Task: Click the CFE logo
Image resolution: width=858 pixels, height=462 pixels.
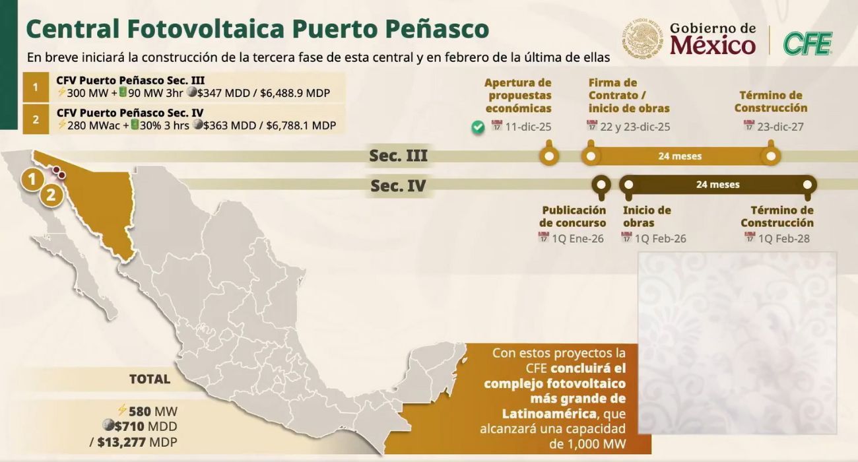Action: tap(807, 44)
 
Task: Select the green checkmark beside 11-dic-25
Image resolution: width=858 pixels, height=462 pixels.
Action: tap(478, 127)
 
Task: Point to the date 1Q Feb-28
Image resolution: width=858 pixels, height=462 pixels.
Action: tap(783, 238)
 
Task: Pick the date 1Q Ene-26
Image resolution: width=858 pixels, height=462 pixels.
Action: tap(577, 238)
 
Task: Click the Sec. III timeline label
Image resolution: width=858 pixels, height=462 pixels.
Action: tap(398, 156)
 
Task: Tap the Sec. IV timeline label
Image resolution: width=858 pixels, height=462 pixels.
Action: tap(398, 186)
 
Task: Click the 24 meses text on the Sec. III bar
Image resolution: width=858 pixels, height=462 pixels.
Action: tap(680, 156)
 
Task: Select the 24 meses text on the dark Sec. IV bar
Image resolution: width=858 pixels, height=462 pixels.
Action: tap(717, 185)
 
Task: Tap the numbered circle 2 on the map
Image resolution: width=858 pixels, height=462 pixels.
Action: tap(51, 195)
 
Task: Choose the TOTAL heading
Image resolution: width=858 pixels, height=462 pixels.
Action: tap(149, 379)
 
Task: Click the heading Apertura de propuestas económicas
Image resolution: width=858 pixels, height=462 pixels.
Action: tap(518, 96)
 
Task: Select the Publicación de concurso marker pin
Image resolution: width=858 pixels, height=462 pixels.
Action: tap(601, 185)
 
